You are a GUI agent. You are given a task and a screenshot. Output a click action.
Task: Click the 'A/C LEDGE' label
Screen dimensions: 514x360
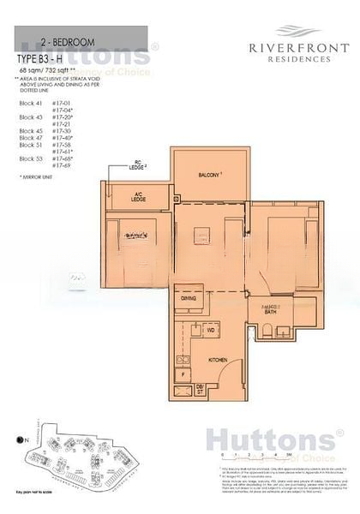pos(138,197)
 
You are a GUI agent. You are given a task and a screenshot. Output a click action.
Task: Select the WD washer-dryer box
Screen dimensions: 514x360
pos(209,329)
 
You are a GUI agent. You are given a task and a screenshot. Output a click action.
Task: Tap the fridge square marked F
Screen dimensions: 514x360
pos(182,374)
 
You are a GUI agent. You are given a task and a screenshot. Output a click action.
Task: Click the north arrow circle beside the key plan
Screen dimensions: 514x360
pos(19,440)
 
